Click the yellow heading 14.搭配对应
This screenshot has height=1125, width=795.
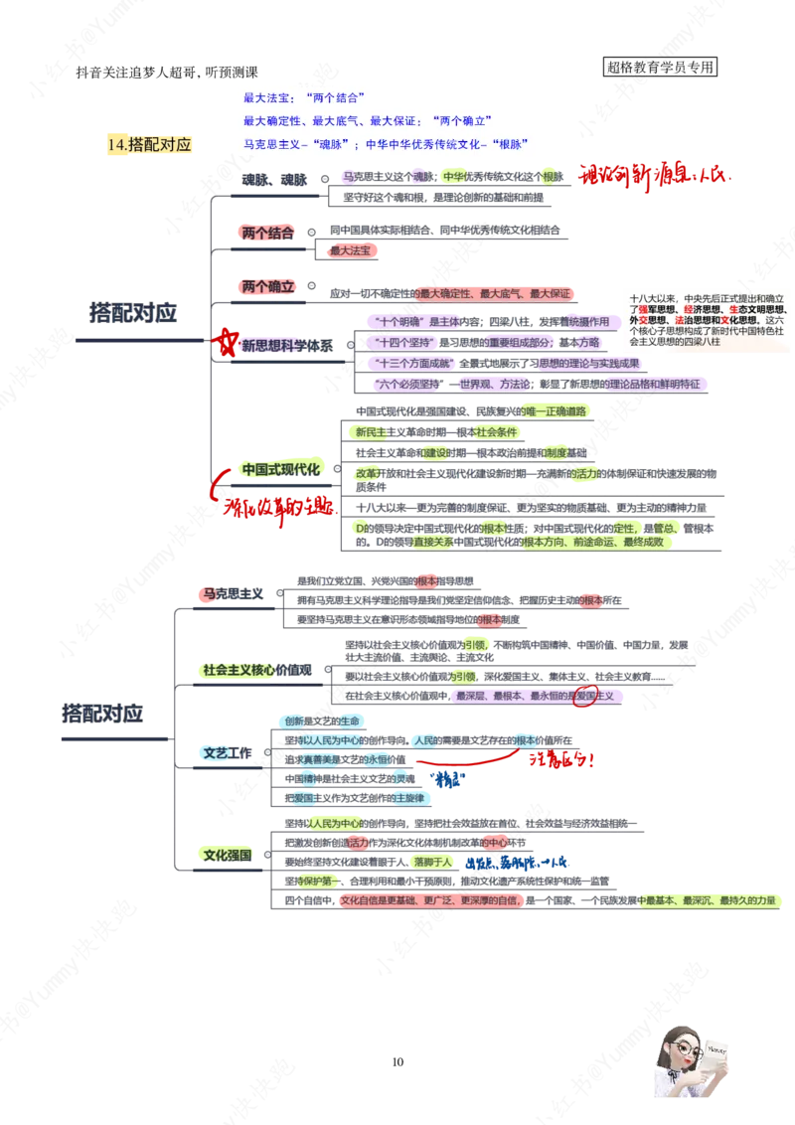tap(151, 144)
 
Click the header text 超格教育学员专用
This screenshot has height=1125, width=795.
tap(661, 68)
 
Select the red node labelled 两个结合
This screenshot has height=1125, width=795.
tap(267, 233)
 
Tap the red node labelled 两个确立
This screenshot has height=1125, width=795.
tap(267, 286)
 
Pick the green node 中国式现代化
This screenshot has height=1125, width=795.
tap(281, 468)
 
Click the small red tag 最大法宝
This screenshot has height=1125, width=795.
tap(355, 251)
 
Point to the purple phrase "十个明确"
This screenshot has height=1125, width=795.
tap(401, 321)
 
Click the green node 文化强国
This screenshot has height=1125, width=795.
tap(228, 854)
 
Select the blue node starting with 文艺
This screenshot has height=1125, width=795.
tap(217, 753)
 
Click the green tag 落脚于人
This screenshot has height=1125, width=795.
tap(433, 862)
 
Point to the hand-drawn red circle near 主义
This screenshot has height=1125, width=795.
tap(584, 696)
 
